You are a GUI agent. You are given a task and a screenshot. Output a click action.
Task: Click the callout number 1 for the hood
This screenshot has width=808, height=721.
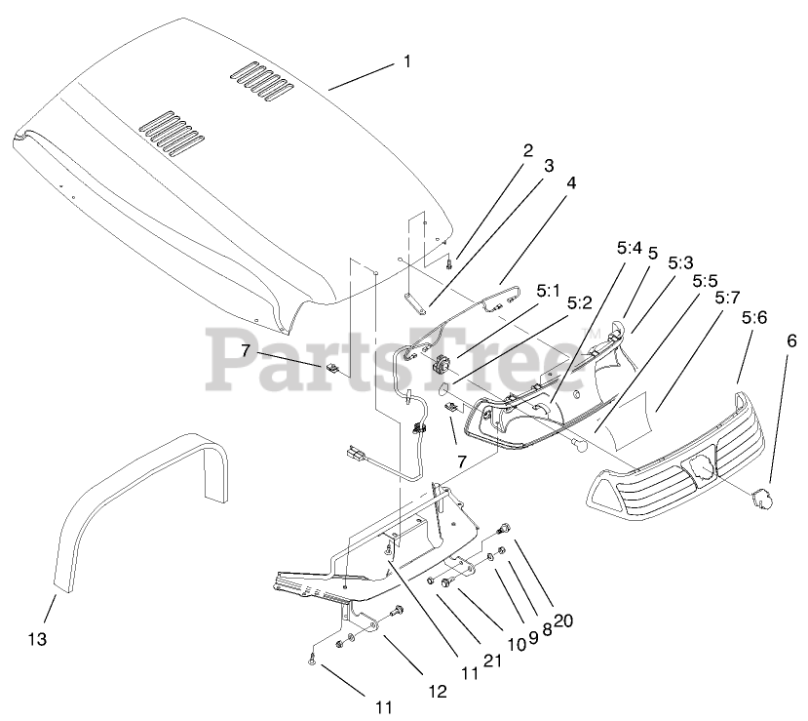407,60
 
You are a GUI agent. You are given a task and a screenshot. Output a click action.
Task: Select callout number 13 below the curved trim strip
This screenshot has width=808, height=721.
37,639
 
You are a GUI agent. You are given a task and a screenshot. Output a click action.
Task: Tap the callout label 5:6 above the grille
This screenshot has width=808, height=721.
753,318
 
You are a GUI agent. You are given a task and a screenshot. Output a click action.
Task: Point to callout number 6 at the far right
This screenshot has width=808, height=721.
791,340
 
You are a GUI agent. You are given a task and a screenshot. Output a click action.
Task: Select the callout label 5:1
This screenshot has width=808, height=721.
549,291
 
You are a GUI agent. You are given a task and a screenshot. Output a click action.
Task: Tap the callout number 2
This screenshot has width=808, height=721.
527,150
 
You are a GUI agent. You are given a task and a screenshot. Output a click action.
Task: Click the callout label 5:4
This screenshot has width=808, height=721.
629,248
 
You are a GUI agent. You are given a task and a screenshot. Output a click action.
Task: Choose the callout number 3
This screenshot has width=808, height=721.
549,166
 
